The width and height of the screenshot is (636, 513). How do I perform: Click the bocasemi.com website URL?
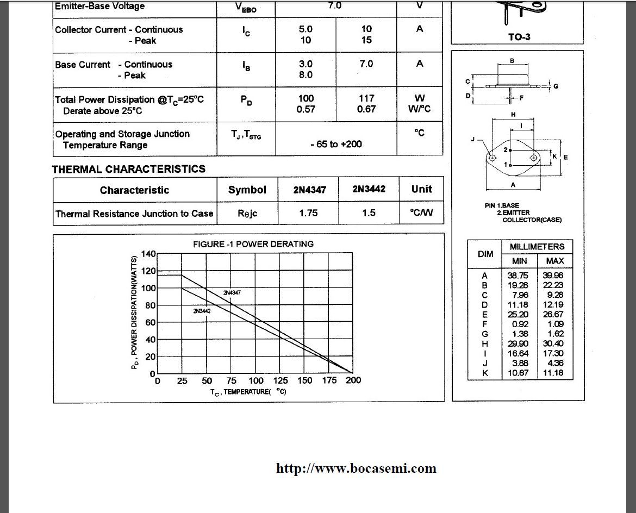click(356, 468)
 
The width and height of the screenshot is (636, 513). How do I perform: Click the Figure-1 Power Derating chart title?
click(253, 244)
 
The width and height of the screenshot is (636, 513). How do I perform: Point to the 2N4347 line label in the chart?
click(232, 293)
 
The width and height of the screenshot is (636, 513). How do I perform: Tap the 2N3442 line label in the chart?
click(202, 311)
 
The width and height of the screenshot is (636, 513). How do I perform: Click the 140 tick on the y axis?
click(148, 254)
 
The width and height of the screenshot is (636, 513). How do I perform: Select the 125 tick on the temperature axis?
click(280, 380)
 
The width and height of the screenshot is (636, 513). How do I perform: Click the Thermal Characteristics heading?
click(129, 169)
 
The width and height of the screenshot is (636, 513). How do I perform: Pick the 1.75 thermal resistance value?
click(308, 213)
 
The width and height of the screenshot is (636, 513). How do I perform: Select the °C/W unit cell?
click(421, 213)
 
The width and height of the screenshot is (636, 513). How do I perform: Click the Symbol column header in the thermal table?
click(247, 190)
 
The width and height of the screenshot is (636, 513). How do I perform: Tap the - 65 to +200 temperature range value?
click(336, 144)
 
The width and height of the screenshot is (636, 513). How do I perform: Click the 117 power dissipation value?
click(366, 98)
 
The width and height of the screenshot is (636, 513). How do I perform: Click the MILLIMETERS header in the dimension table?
click(537, 247)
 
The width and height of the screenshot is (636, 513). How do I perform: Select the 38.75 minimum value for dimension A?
click(517, 276)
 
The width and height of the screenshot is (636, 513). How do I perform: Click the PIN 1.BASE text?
click(502, 206)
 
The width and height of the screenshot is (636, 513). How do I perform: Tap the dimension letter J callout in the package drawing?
click(473, 140)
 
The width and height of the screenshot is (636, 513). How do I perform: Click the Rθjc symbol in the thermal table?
click(247, 214)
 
